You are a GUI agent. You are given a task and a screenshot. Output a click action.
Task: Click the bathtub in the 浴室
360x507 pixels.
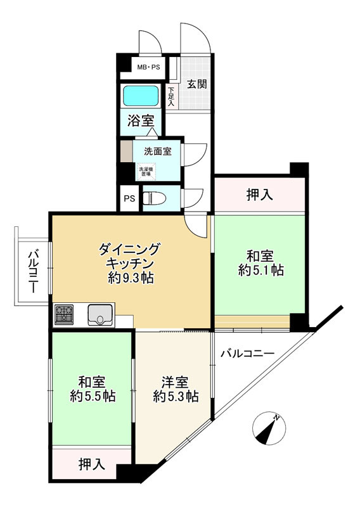[141, 96]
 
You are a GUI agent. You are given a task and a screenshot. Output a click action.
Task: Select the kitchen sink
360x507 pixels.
[101, 314]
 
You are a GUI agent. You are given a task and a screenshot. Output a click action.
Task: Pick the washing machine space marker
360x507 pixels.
[146, 171]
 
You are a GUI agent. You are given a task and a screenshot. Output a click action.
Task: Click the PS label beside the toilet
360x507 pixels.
[129, 198]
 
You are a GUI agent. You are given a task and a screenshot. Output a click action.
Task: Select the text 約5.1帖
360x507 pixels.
[260, 271]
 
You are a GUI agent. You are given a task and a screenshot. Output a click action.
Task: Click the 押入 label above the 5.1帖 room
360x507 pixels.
[259, 196]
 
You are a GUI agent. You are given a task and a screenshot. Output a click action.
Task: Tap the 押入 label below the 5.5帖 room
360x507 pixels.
[92, 465]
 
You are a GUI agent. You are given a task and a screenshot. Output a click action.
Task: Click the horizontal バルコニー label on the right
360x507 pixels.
[247, 354]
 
